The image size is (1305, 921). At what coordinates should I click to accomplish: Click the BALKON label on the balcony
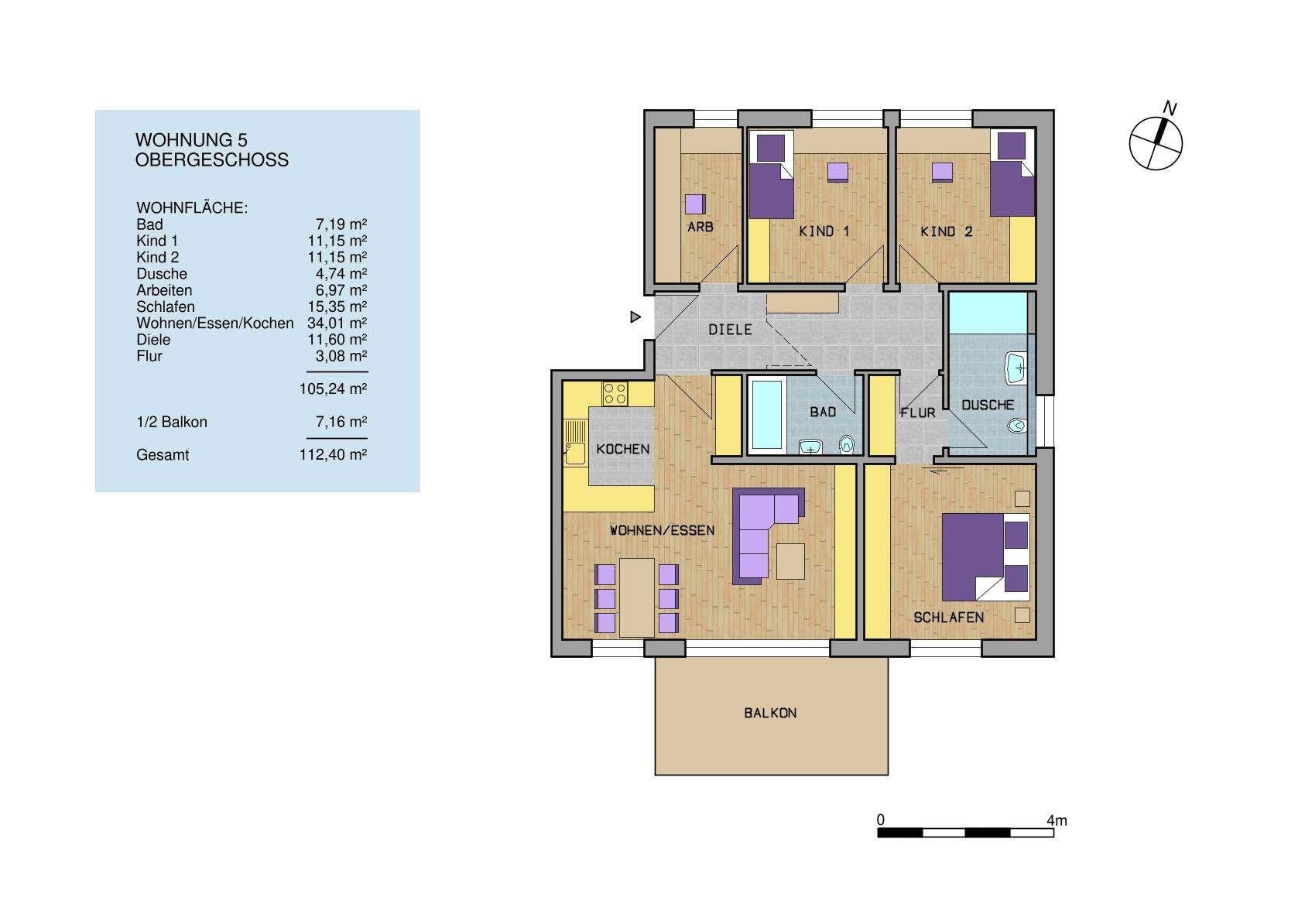point(770,713)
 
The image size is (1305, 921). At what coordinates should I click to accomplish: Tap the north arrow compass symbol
point(1156,142)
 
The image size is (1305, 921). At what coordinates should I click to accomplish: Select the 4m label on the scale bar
point(1057,820)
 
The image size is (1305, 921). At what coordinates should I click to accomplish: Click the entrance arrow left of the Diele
point(635,317)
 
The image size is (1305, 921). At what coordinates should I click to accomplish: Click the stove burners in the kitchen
point(615,393)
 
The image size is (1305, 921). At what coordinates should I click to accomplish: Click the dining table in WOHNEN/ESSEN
point(637,597)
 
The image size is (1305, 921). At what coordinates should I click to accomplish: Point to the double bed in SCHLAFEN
point(985,556)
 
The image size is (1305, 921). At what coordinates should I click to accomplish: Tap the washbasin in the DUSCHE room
point(1016,368)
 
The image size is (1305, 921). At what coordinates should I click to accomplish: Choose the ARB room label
point(700,228)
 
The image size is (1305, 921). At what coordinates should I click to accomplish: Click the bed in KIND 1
point(771,176)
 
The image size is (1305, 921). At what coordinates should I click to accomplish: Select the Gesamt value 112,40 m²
point(333,455)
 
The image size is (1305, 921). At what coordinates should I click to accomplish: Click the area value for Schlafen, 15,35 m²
point(337,306)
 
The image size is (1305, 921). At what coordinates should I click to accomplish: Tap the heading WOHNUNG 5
point(191,140)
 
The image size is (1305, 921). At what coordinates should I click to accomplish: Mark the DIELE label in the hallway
point(730,330)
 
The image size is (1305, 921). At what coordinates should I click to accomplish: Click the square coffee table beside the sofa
point(790,561)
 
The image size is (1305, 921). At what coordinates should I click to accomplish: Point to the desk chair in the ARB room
point(695,204)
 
